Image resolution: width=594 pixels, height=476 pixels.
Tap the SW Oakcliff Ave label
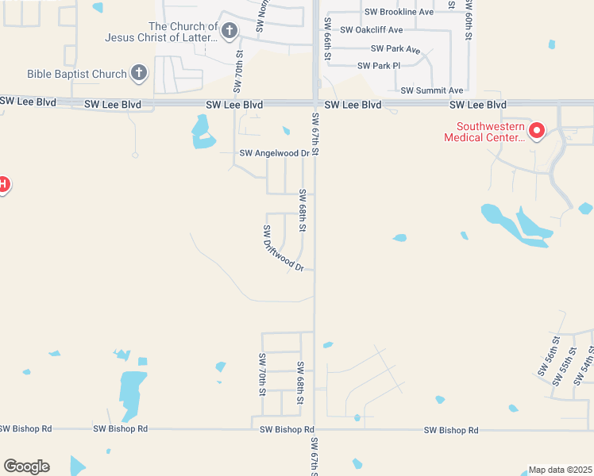click(x=372, y=30)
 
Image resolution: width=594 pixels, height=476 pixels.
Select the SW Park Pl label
click(x=380, y=66)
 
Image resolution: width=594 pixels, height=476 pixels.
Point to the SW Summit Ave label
click(x=432, y=91)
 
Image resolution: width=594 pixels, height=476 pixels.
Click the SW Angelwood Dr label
click(x=274, y=154)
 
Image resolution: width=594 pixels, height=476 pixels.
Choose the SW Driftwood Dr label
click(x=283, y=248)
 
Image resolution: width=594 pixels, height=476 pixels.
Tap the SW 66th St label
click(x=326, y=45)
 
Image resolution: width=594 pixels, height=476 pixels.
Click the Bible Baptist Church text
click(x=77, y=74)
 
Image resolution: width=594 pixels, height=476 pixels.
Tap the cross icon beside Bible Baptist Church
click(x=139, y=74)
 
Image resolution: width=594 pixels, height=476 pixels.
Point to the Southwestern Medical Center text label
click(x=484, y=132)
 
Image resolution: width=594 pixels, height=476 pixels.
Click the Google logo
click(x=26, y=466)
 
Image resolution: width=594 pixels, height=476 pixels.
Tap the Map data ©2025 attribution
click(x=560, y=470)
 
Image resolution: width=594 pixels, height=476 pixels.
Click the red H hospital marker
click(x=2, y=185)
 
